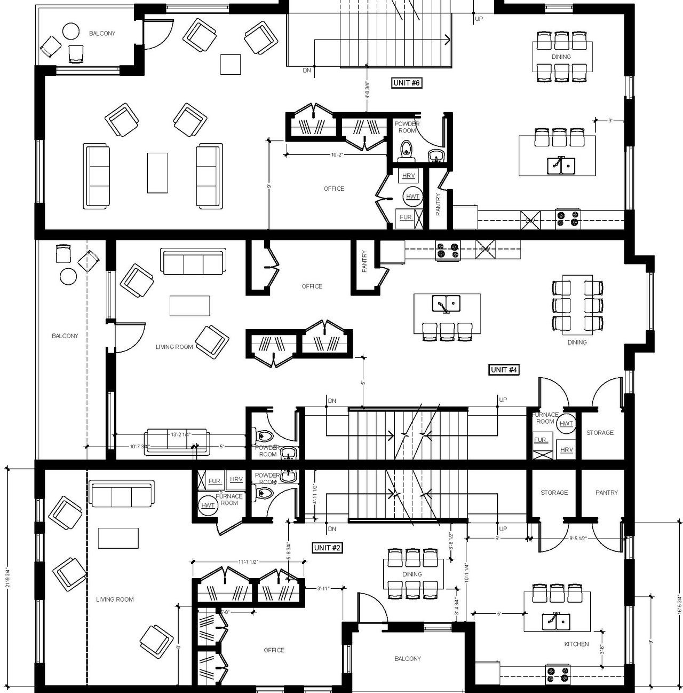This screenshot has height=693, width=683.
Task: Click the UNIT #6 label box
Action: click(x=407, y=83)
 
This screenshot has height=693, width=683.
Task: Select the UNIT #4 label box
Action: click(x=504, y=370)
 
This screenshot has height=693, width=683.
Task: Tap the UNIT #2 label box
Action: click(x=327, y=548)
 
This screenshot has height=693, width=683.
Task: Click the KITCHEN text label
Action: click(x=576, y=644)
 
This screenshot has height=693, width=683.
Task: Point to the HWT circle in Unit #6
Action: click(x=412, y=197)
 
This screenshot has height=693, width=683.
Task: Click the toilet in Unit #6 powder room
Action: click(x=407, y=149)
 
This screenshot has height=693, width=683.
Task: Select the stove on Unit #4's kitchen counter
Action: click(x=448, y=251)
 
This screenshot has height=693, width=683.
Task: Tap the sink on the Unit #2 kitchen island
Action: click(x=557, y=621)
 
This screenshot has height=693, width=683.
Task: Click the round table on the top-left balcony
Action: click(x=71, y=32)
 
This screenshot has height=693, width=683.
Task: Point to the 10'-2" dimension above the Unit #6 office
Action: click(x=337, y=155)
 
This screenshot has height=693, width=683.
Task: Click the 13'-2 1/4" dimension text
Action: click(x=180, y=434)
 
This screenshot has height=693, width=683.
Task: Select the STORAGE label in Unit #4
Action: click(x=600, y=433)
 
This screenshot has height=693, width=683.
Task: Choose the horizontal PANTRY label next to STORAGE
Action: click(x=606, y=493)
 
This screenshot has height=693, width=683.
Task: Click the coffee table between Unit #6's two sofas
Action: click(x=157, y=173)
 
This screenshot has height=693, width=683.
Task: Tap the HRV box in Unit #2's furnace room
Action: click(x=236, y=479)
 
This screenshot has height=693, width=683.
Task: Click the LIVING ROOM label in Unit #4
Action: click(x=174, y=347)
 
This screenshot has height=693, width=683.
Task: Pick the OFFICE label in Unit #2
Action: click(x=274, y=650)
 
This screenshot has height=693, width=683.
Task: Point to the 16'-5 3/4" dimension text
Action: click(x=679, y=603)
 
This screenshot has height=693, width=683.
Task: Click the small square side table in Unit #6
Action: click(x=231, y=64)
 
